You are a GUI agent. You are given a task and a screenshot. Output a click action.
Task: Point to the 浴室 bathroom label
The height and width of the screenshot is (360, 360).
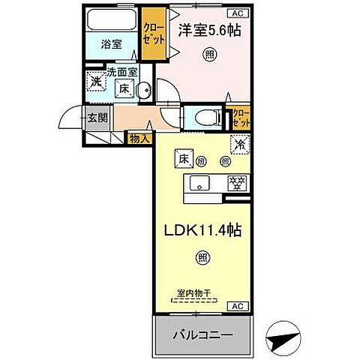(x=112, y=44)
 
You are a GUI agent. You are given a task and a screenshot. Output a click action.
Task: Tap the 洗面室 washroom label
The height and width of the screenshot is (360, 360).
(x=121, y=73)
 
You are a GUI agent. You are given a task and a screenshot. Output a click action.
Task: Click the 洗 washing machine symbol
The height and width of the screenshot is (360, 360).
(x=96, y=82)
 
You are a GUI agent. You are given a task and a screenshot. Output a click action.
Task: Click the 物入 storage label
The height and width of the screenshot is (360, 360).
(x=139, y=138)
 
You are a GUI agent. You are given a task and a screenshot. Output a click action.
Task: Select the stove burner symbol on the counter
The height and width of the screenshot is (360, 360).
(x=235, y=183)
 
